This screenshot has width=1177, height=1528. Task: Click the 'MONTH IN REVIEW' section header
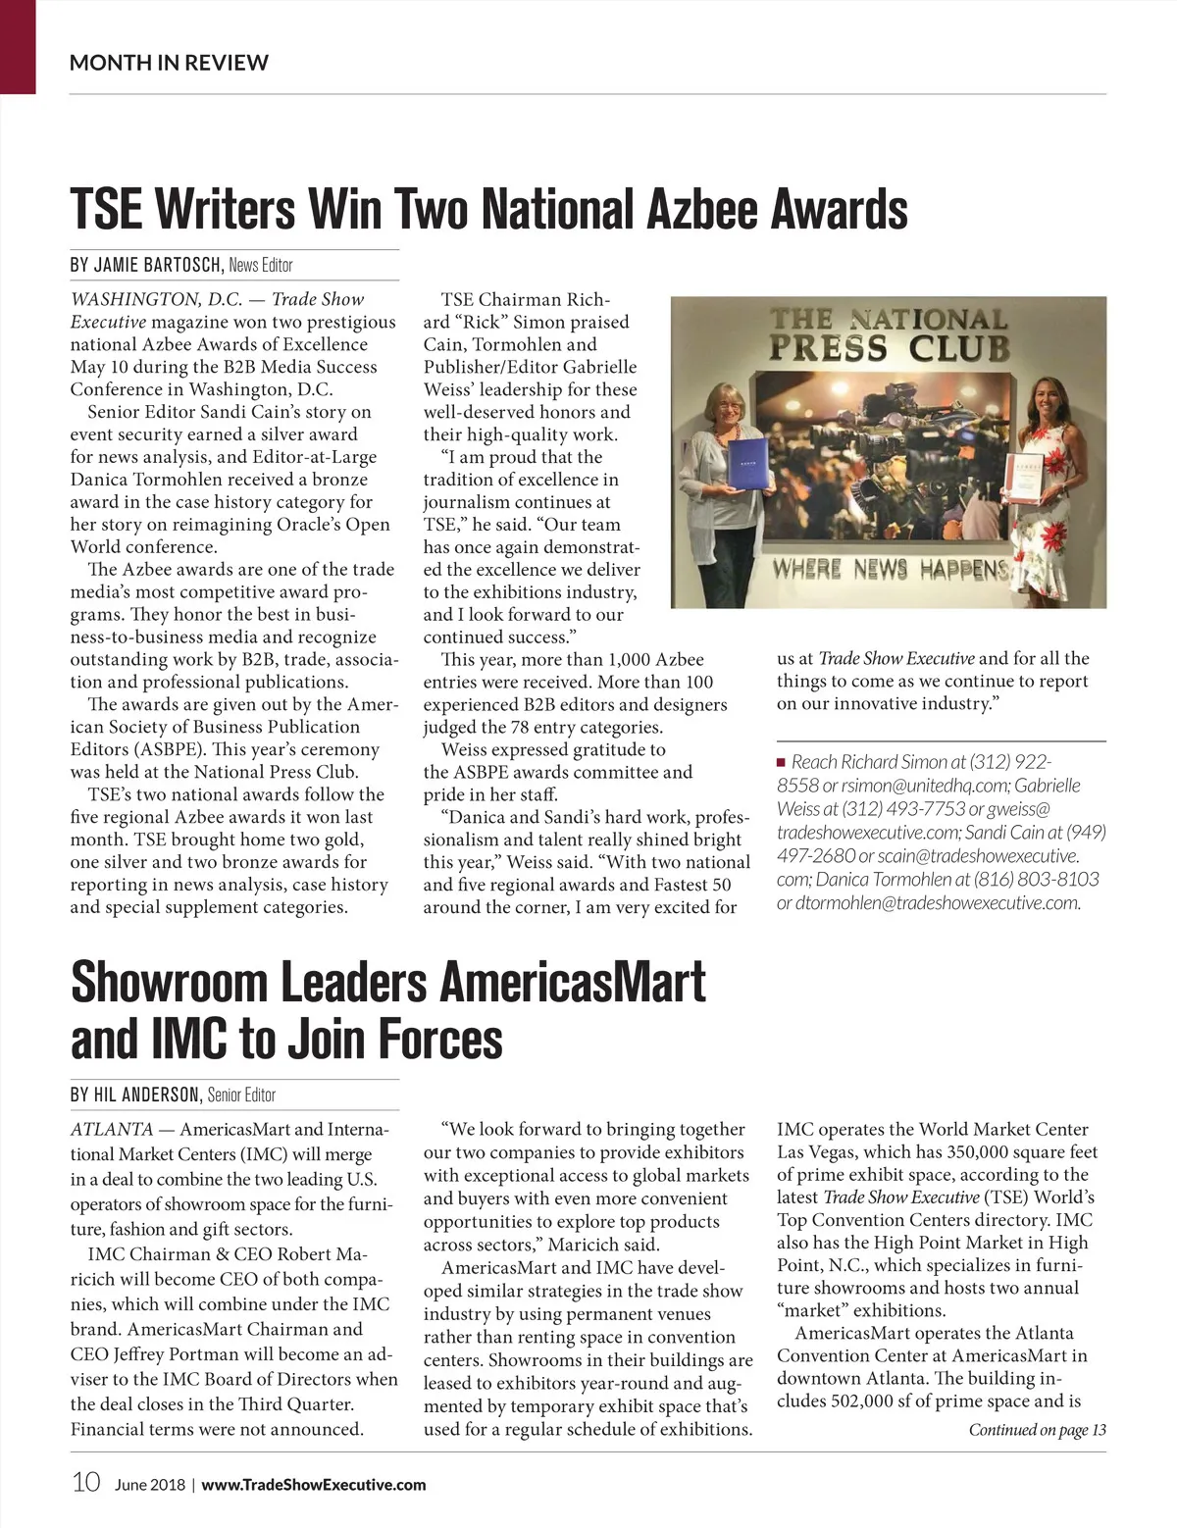click(x=169, y=63)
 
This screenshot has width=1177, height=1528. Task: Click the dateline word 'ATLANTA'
click(x=112, y=1129)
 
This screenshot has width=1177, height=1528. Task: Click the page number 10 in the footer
click(x=85, y=1482)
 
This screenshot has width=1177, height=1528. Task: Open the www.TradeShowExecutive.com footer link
click(x=314, y=1485)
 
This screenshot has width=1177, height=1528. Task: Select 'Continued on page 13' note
click(x=1037, y=1430)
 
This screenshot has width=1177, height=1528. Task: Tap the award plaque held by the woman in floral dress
click(x=1025, y=480)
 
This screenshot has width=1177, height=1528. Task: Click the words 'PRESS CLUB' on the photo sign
click(x=889, y=349)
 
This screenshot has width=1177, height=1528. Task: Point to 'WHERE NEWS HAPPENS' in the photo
click(x=890, y=570)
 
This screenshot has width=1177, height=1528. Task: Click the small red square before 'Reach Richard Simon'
click(x=782, y=762)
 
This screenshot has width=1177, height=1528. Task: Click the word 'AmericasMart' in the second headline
click(x=572, y=982)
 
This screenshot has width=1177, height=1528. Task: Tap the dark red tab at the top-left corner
click(x=18, y=46)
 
